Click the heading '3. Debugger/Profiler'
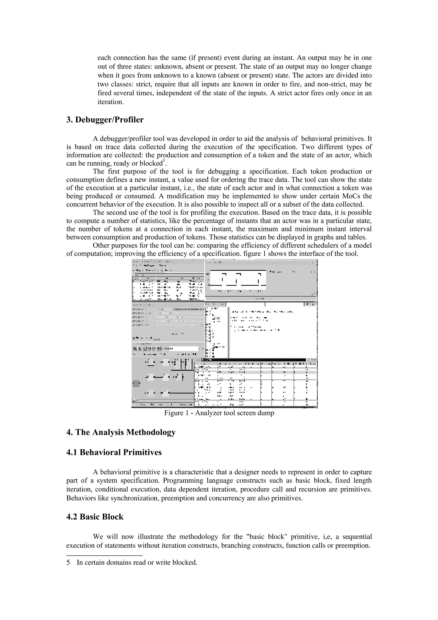click(x=105, y=120)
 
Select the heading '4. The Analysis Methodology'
click(x=121, y=432)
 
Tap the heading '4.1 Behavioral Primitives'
click(x=114, y=452)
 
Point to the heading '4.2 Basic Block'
click(x=95, y=517)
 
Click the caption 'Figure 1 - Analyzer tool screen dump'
click(x=219, y=413)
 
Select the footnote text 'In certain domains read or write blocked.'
click(x=137, y=562)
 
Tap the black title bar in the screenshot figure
click(x=254, y=360)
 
